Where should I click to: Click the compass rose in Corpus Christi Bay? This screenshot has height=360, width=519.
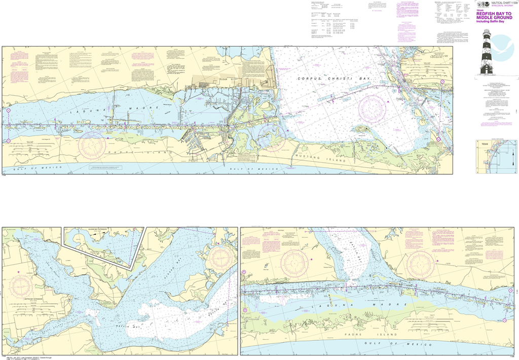(x=373, y=108)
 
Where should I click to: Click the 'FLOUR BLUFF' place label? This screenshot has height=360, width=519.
(x=216, y=79)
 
